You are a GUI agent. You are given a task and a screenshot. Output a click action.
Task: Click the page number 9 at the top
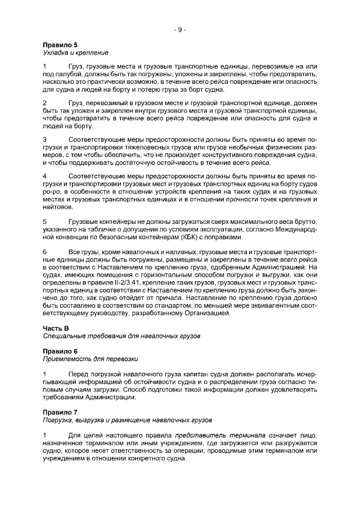pyautogui.click(x=179, y=30)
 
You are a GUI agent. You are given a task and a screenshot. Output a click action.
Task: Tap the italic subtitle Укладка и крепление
pyautogui.click(x=75, y=52)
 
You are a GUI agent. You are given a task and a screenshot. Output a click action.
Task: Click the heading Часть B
pyautogui.click(x=56, y=327)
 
